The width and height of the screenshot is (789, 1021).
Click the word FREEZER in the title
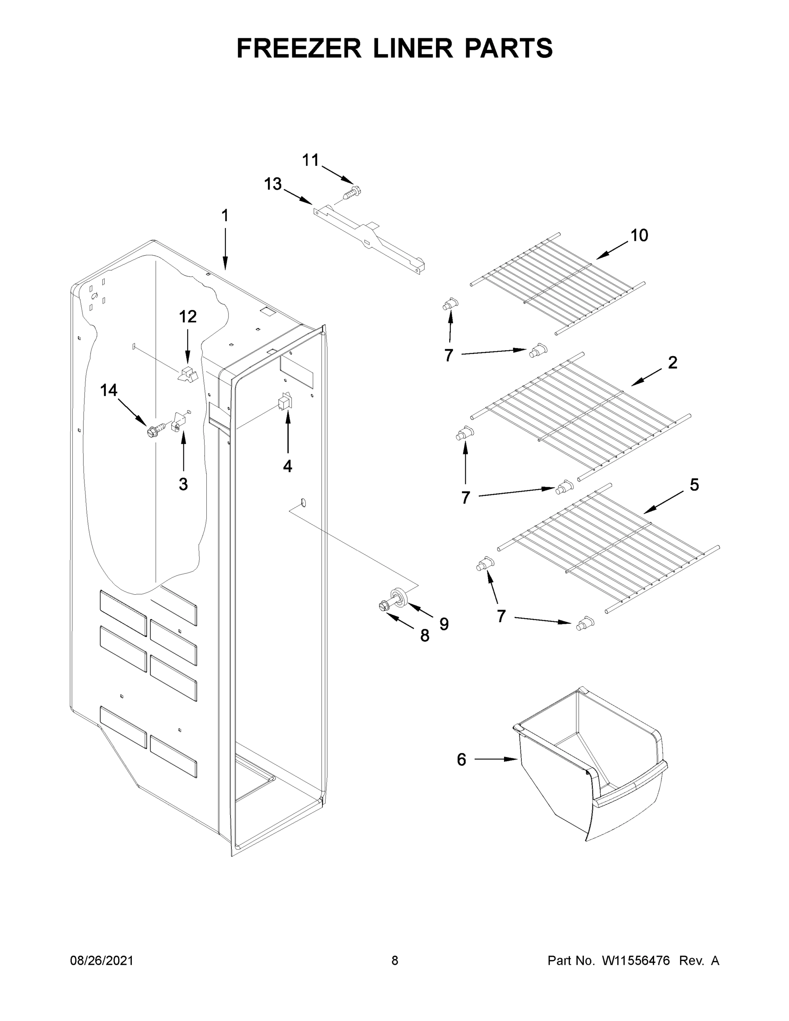pos(299,48)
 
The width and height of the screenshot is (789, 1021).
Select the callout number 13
pos(273,184)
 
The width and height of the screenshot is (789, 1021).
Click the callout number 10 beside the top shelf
pos(639,235)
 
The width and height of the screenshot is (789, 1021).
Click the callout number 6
pos(461,760)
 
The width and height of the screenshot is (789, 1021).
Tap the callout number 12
pos(188,317)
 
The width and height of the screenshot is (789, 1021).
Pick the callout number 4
pos(288,466)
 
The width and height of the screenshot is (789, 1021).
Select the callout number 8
pos(424,635)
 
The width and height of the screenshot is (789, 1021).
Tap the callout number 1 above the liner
pos(225,216)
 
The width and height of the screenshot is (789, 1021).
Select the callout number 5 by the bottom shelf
pos(695,485)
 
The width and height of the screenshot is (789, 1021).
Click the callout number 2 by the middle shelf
pos(672,362)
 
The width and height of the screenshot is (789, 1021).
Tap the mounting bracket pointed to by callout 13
pos(369,238)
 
